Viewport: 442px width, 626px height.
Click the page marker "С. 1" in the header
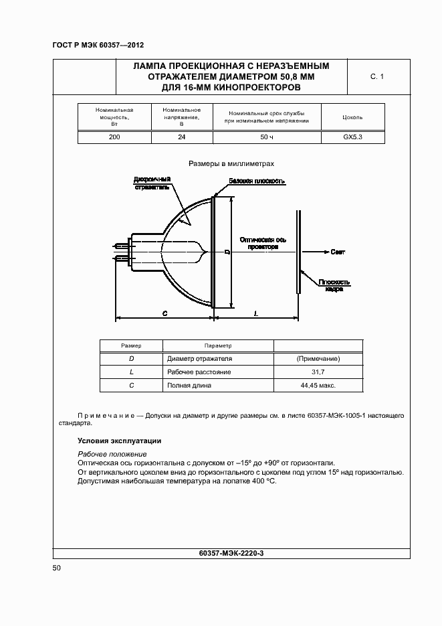pyautogui.click(x=377, y=77)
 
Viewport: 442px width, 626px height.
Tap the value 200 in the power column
pyautogui.click(x=115, y=137)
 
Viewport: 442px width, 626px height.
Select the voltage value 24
pyautogui.click(x=182, y=137)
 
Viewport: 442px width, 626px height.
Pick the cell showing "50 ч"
pyautogui.click(x=267, y=137)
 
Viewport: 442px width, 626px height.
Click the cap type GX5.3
pyautogui.click(x=352, y=137)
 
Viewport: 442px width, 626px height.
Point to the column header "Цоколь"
pyautogui.click(x=352, y=117)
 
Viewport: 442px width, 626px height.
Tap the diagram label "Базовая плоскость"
pyautogui.click(x=257, y=181)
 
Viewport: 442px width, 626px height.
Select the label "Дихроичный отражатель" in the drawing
pyautogui.click(x=152, y=183)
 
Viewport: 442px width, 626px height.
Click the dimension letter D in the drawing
pyautogui.click(x=228, y=252)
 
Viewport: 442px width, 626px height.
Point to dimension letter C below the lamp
pyautogui.click(x=164, y=313)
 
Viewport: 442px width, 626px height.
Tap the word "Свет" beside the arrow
pyautogui.click(x=338, y=252)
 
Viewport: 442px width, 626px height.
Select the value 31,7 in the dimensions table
pyautogui.click(x=318, y=372)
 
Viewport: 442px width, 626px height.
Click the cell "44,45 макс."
pyautogui.click(x=318, y=386)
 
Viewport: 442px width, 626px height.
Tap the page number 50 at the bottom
pyautogui.click(x=57, y=568)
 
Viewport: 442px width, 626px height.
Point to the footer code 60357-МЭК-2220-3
pyautogui.click(x=231, y=553)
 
